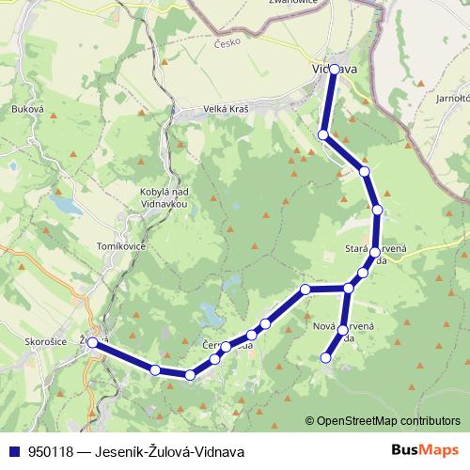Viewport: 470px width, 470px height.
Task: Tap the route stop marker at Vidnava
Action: click(335, 70)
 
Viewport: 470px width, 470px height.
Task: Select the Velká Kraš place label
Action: click(227, 109)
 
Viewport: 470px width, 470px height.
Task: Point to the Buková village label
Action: click(28, 109)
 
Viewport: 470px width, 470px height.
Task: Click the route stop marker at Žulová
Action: click(93, 343)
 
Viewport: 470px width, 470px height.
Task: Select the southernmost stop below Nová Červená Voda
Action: click(326, 357)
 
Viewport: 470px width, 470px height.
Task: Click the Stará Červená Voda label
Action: click(376, 254)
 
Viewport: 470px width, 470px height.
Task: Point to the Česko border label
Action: click(228, 43)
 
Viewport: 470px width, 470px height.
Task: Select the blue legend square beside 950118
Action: click(14, 451)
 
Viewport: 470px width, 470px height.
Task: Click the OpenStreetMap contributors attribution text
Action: click(388, 421)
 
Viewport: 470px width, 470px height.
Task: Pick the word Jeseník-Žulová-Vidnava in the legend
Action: click(169, 451)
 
